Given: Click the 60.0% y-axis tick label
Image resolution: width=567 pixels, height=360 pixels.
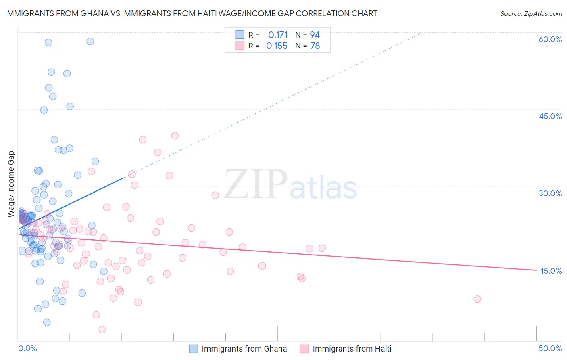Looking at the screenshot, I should [550, 39].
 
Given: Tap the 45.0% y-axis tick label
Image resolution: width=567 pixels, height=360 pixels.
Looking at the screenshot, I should [550, 116].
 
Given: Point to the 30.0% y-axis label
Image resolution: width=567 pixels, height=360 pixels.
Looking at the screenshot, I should [550, 193].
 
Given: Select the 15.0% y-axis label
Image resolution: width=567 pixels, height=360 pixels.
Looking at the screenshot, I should [551, 271].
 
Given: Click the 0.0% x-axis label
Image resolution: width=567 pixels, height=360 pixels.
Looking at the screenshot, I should [28, 348].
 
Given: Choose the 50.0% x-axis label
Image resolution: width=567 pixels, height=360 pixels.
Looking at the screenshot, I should [550, 348].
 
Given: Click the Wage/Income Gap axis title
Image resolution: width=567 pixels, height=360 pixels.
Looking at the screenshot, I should [11, 184].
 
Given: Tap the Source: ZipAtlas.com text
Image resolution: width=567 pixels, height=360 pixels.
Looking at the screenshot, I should [531, 14].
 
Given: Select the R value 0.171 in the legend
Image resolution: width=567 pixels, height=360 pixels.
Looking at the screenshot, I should [278, 35].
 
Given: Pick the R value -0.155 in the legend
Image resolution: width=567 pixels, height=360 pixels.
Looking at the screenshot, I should [275, 46].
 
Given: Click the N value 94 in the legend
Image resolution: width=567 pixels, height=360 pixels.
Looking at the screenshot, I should [315, 35].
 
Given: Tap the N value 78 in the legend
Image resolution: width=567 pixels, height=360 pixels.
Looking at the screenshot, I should [315, 46].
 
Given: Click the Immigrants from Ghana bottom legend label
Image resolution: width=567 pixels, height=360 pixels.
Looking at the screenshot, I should [244, 349].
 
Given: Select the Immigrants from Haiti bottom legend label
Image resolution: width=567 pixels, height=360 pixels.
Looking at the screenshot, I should [352, 349].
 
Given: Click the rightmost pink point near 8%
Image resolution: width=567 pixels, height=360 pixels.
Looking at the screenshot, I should [477, 299].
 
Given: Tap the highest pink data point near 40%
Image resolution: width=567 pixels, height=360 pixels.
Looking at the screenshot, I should [175, 136].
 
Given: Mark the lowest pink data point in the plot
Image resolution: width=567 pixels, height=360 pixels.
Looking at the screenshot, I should [102, 329].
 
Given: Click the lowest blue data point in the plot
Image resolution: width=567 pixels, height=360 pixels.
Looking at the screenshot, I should [47, 322].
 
